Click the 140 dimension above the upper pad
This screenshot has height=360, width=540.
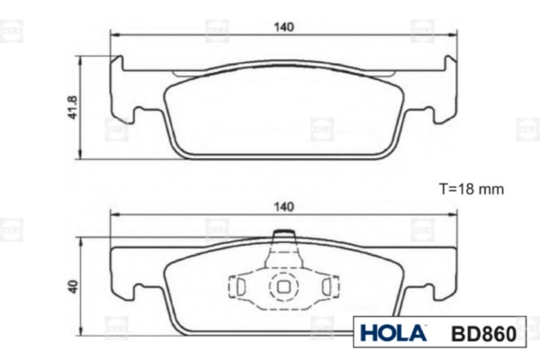[x=283, y=27]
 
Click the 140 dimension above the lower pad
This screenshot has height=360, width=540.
[x=283, y=207]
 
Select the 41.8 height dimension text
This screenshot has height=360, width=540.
[x=73, y=107]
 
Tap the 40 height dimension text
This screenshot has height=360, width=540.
[x=73, y=286]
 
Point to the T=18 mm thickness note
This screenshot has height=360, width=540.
[x=471, y=189]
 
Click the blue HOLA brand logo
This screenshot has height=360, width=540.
[x=393, y=333]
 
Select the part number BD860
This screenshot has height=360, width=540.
[x=484, y=334]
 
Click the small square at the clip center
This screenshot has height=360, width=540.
[x=283, y=286]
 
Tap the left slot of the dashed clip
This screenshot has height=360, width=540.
[x=240, y=286]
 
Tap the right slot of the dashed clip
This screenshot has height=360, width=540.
[x=327, y=286]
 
